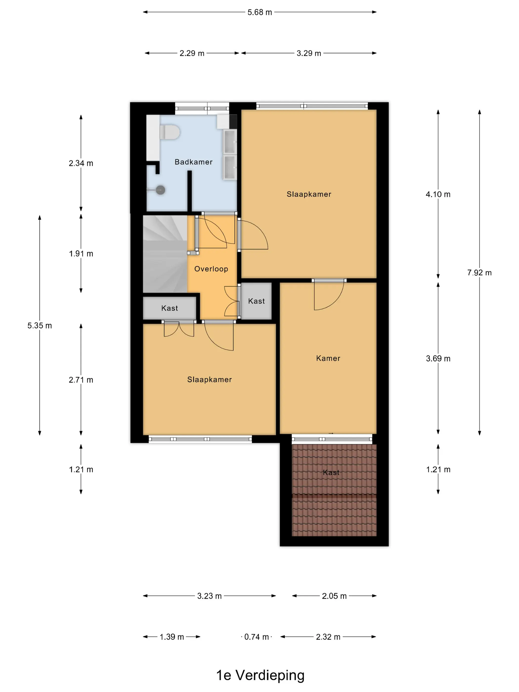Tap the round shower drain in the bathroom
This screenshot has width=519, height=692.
coord(160,190)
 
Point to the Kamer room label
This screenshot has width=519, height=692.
coord(328,358)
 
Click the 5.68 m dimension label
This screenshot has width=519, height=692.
coord(260,12)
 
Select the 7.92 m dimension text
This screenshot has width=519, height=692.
coord(479,273)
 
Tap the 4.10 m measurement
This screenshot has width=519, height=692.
coord(438,194)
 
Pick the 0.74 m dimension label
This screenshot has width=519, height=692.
coord(257,637)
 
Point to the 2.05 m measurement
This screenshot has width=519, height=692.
coord(334,596)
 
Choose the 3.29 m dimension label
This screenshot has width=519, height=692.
coord(309,53)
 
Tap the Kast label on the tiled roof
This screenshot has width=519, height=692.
coord(331,472)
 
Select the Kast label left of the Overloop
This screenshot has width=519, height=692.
coord(170,308)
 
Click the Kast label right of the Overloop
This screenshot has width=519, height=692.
coord(256,301)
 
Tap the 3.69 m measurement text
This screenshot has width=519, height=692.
coord(438,359)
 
